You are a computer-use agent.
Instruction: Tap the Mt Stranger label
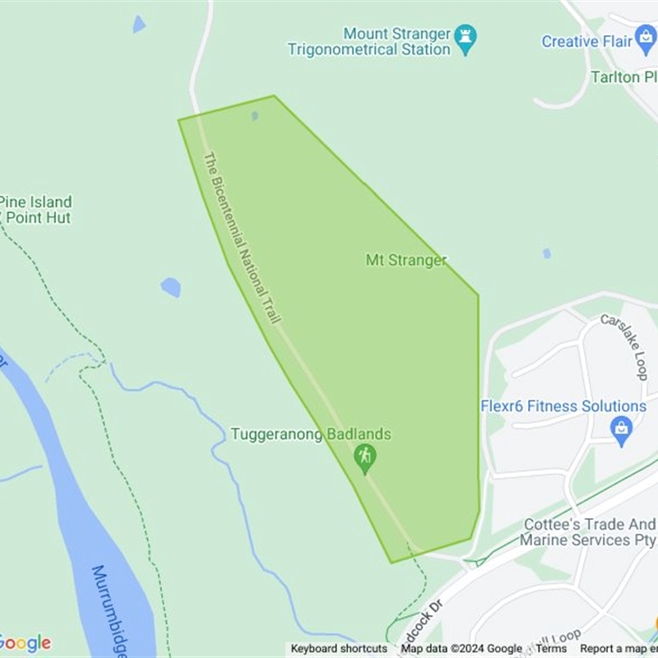(406, 260)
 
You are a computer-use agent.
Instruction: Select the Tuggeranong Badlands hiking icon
(364, 456)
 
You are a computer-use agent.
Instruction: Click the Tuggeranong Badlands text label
(311, 434)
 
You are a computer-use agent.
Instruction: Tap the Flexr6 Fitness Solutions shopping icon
(621, 429)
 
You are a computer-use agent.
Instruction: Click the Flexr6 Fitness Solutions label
(563, 406)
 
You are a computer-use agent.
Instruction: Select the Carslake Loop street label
(624, 345)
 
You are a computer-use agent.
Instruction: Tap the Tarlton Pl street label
(624, 77)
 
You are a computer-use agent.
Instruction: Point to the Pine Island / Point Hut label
(36, 210)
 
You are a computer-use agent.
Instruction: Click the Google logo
(25, 642)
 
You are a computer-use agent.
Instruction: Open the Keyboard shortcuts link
(339, 649)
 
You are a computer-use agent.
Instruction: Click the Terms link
(551, 649)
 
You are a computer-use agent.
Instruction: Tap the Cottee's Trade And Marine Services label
(589, 532)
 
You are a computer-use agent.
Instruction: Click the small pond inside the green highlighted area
(255, 116)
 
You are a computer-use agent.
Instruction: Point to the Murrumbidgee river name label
(110, 609)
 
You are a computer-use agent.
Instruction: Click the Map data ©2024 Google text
(461, 649)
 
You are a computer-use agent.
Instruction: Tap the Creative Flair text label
(586, 41)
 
